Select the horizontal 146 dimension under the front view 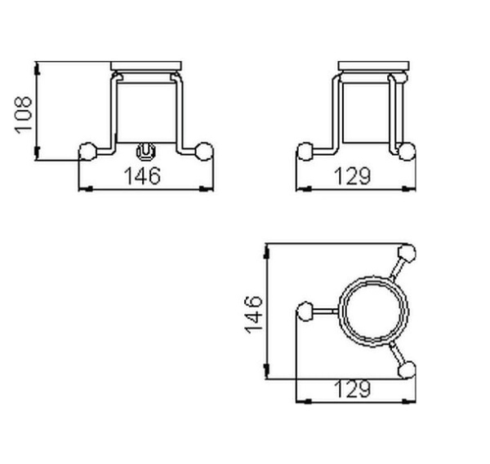coord(144,175)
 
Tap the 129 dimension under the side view coord(354,175)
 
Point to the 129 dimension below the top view coord(354,389)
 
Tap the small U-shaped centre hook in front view coord(146,151)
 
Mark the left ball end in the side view coord(305,151)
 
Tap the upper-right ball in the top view coord(405,251)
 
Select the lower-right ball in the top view coord(405,370)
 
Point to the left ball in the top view coord(305,310)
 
